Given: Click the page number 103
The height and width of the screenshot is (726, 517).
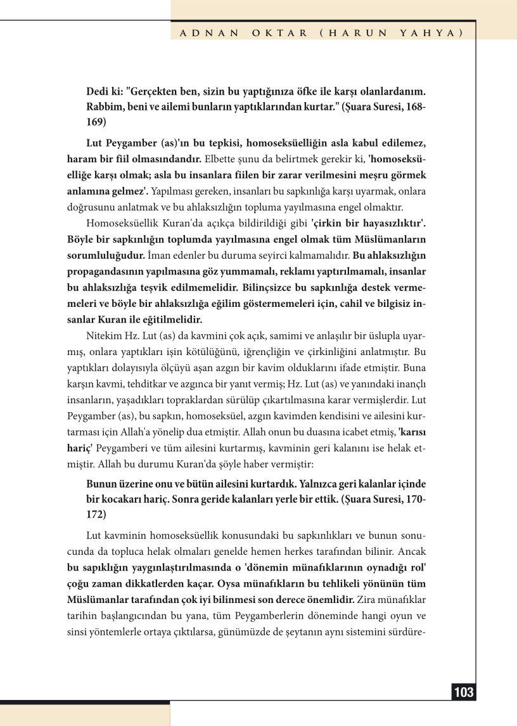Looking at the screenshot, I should pos(464,692).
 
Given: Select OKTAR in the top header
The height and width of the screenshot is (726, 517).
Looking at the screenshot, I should pos(273,32).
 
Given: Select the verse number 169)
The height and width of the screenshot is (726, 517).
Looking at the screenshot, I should pos(96,122).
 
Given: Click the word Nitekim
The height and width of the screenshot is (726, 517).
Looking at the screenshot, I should pos(103,336).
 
